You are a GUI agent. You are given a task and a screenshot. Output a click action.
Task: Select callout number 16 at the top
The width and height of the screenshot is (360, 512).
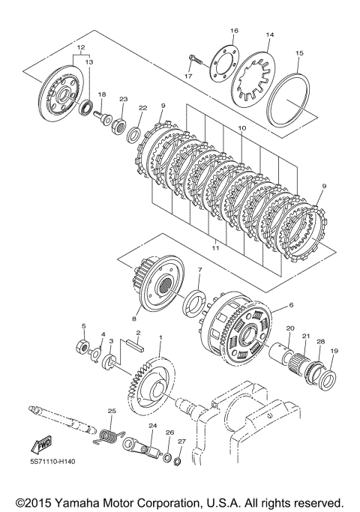[x=234, y=31]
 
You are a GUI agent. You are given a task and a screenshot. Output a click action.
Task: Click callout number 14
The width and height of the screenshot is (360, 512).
[x=269, y=34]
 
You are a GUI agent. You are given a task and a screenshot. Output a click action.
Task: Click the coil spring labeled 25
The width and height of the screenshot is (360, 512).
[x=109, y=437]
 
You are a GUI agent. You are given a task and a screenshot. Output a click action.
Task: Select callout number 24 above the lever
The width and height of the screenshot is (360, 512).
[x=153, y=426]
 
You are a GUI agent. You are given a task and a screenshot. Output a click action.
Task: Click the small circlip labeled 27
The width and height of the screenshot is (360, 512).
[x=177, y=461]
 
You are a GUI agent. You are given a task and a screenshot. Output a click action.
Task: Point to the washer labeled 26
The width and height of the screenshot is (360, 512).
[x=166, y=457]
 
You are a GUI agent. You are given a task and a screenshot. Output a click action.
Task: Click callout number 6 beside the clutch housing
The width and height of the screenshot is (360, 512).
[x=291, y=305]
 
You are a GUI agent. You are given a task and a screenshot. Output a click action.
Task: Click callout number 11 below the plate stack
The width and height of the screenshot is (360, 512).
[x=216, y=248]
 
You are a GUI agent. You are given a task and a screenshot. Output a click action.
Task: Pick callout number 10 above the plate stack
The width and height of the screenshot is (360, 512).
[x=241, y=128]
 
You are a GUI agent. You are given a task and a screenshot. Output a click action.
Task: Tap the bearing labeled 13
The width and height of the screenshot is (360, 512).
[x=86, y=107]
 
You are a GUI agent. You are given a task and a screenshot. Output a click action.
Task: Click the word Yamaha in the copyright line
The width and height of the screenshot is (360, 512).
[x=75, y=503]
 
